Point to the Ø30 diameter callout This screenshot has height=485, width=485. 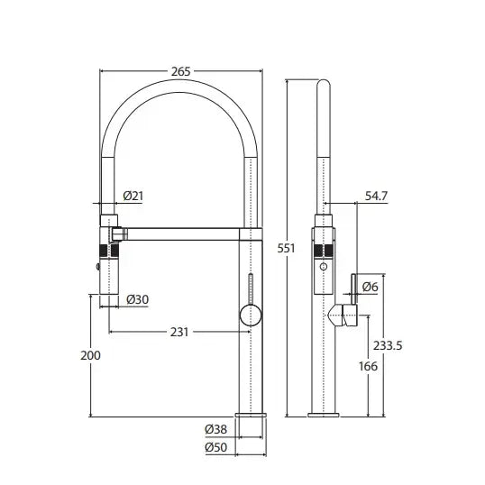[x=137, y=298]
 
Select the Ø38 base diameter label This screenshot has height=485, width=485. [x=217, y=429]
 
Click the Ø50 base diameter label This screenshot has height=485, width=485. [x=217, y=447]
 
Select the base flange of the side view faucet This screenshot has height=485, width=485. [x=325, y=415]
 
